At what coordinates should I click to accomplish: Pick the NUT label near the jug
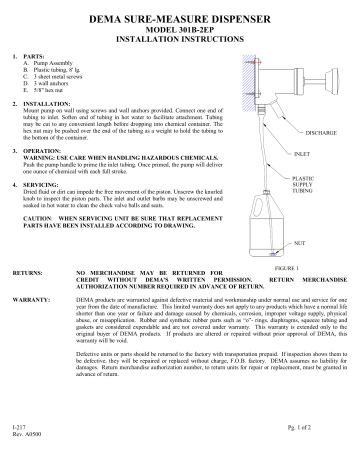(299, 243)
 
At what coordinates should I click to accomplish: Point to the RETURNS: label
(26, 272)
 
